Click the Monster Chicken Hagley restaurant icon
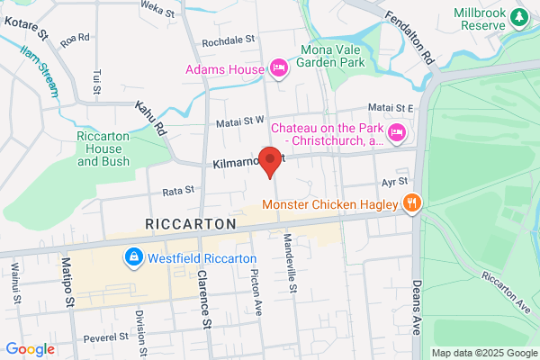tap(411, 203)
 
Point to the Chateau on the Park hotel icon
tap(396, 134)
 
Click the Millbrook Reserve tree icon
tap(519, 16)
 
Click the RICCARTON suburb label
tap(191, 223)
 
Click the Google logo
tap(30, 348)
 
